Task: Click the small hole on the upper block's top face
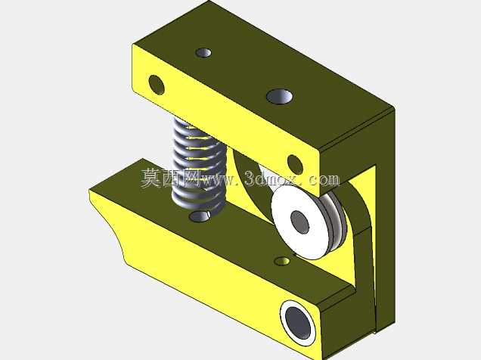point(203,52)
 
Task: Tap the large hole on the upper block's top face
point(279,96)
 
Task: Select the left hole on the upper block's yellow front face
point(156,84)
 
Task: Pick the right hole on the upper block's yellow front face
point(295,165)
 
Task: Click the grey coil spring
point(200,164)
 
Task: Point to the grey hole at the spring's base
point(200,216)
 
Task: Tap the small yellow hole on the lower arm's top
point(282,261)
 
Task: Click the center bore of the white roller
point(300,222)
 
